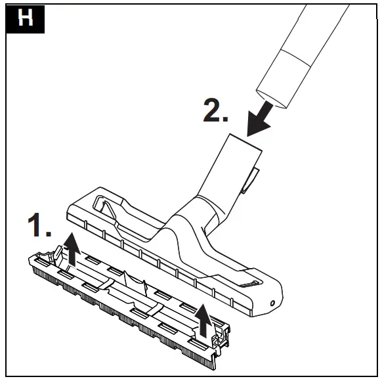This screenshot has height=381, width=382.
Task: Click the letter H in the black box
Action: (24, 18)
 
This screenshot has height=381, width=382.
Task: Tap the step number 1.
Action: (39, 226)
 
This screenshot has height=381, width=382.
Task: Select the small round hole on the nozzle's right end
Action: (271, 302)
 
